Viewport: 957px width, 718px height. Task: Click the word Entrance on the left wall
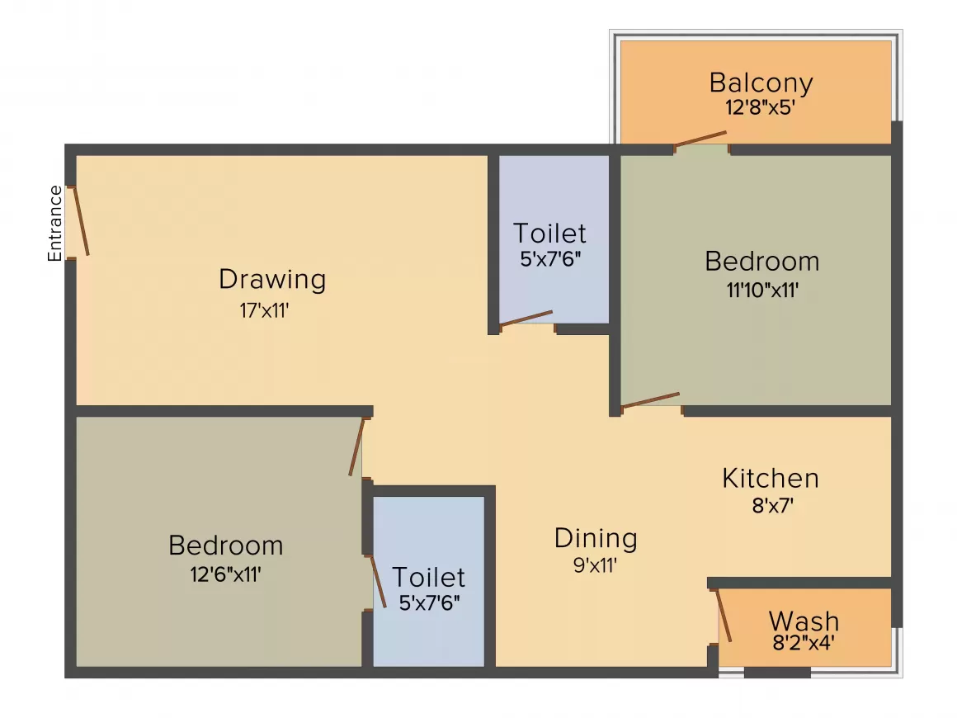55,224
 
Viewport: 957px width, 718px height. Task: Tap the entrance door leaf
81,220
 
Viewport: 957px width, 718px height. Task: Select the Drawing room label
272,280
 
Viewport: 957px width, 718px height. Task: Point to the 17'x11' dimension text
264,311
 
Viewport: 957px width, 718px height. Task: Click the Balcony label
761,83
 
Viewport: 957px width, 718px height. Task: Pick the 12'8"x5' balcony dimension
760,107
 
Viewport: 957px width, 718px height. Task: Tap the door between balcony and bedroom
700,139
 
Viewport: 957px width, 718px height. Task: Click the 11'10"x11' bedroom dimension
762,290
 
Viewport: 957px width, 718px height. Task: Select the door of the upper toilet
526,318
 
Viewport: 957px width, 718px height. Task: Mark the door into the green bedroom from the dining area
651,399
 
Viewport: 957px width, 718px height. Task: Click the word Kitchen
771,478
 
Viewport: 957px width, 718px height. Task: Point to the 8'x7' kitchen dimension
773,506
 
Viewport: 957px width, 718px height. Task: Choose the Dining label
596,538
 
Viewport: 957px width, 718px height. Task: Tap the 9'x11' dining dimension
595,565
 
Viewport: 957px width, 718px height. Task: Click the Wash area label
804,621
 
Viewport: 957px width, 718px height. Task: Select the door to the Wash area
724,616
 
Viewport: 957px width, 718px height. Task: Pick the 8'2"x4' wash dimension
804,642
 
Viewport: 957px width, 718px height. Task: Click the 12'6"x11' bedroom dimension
226,574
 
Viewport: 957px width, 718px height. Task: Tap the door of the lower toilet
379,581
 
